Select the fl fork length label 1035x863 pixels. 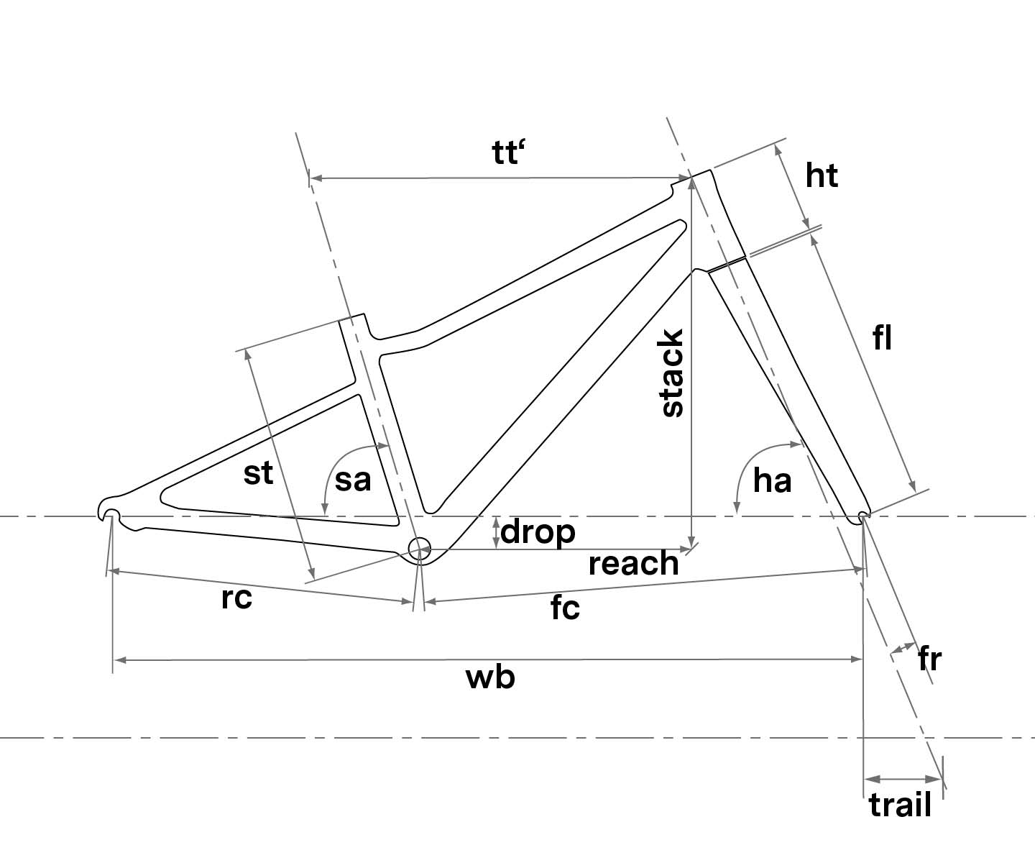882,339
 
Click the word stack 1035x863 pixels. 671,373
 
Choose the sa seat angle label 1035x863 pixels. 352,480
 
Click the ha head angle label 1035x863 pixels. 772,480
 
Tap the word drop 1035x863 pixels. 538,532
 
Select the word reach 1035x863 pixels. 633,563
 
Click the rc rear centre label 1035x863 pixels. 236,598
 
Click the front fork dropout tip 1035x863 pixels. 863,517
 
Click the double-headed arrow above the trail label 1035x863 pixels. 903,779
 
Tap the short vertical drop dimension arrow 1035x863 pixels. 496,533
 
